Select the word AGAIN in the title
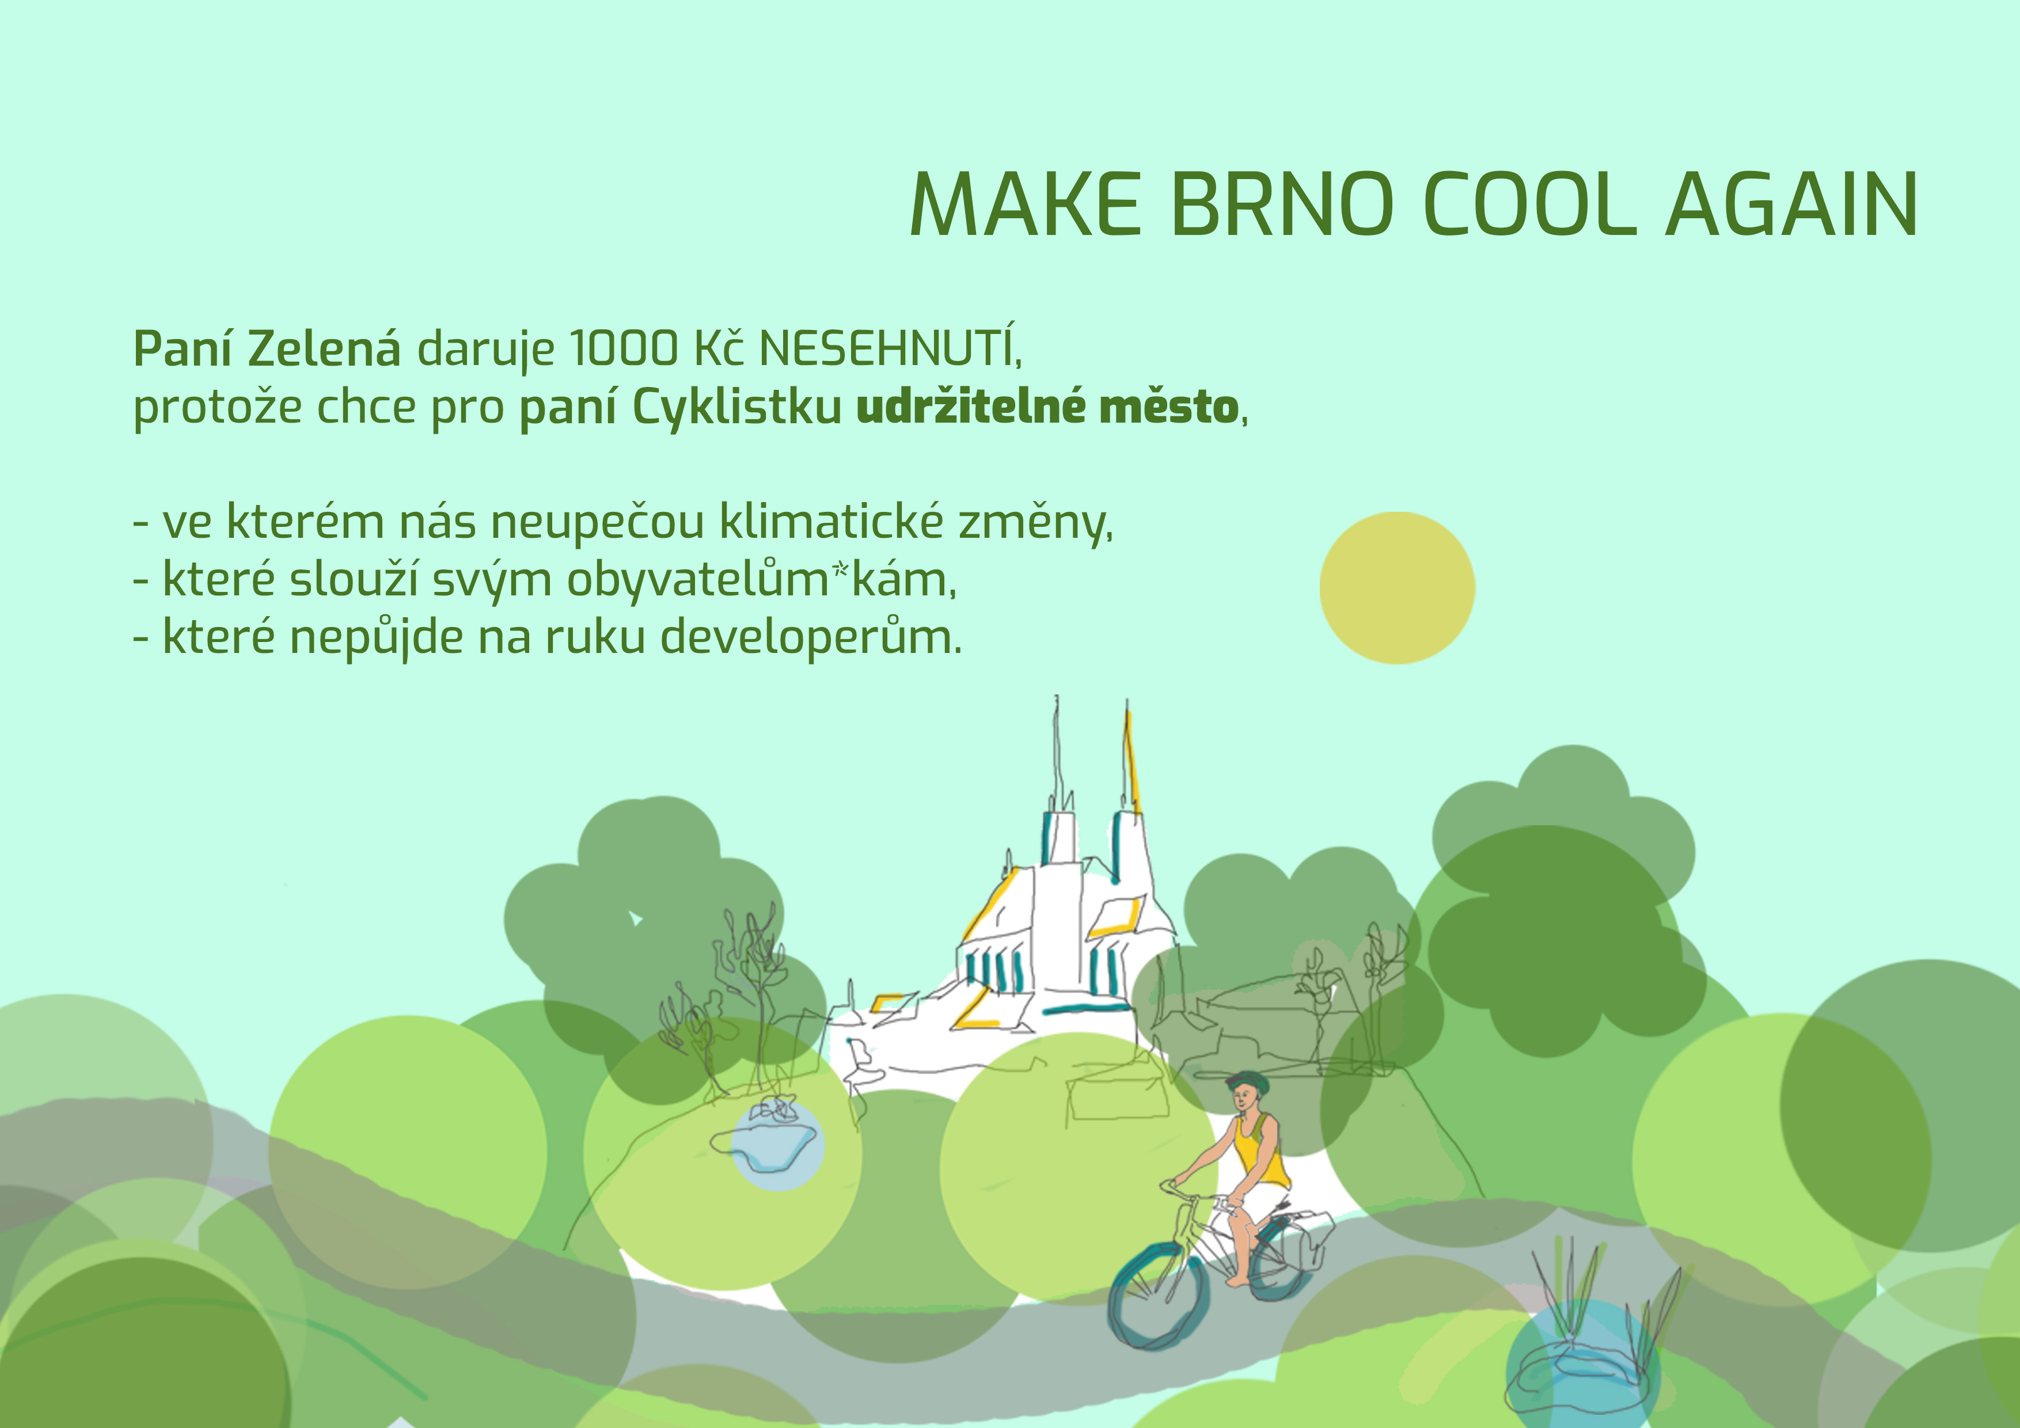[1792, 204]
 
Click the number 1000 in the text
[624, 348]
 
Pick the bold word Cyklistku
[737, 407]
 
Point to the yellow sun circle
[1397, 588]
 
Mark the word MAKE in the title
[1025, 204]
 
